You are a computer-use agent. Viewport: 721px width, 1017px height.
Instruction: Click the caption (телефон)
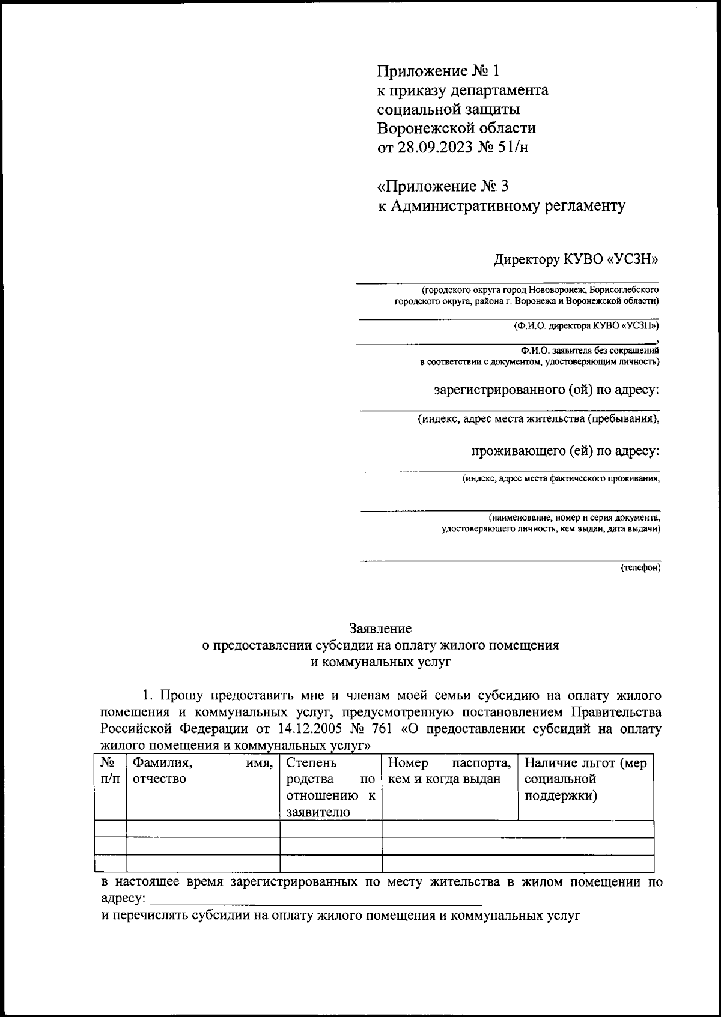tap(640, 567)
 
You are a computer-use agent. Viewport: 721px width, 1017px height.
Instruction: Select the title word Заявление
tap(381, 629)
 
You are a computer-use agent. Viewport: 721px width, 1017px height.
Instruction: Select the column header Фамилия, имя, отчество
tap(202, 771)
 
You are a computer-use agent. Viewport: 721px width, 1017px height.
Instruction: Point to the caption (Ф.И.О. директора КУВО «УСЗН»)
tap(586, 326)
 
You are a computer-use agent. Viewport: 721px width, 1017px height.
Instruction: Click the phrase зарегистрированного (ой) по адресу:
tap(546, 391)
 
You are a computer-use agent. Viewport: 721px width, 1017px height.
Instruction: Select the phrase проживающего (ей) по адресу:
tap(565, 451)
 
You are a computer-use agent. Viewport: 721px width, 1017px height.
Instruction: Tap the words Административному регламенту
tap(508, 207)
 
